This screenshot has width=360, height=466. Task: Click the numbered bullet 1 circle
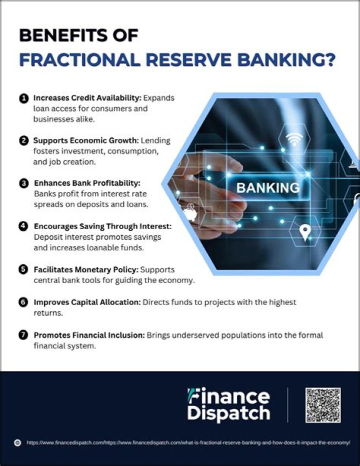23,98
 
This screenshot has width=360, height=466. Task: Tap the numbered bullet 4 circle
23,226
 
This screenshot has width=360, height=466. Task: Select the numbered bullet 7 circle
23,335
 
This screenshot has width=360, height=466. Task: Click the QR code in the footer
323,405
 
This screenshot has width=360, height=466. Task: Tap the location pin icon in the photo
305,231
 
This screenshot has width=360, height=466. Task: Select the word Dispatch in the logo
228,414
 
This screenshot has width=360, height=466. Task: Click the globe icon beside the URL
17,443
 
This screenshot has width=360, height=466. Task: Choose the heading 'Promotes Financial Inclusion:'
89,335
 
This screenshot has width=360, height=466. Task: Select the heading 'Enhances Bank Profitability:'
87,184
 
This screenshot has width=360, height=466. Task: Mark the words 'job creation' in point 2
74,162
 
